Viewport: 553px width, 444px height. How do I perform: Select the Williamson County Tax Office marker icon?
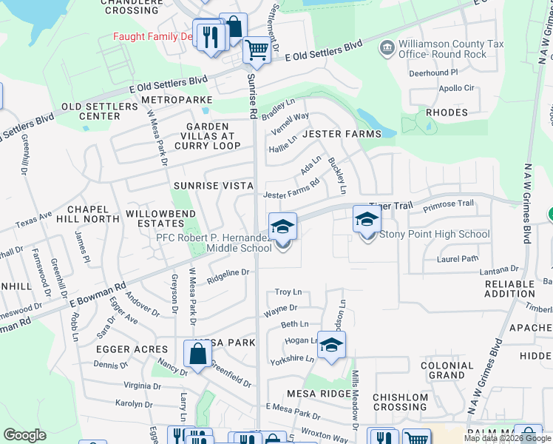[x=386, y=49]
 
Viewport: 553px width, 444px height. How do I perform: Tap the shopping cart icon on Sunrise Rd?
[x=257, y=51]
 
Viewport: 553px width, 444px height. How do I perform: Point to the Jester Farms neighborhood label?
[x=342, y=134]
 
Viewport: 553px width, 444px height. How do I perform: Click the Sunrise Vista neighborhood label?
[x=214, y=185]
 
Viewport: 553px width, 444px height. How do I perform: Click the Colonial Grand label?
[x=447, y=371]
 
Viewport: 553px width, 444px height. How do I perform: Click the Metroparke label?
[x=177, y=99]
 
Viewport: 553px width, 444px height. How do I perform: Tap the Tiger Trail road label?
[x=388, y=206]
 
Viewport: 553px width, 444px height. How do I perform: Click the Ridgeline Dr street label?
[x=230, y=273]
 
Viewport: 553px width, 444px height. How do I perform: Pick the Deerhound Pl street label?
[x=434, y=73]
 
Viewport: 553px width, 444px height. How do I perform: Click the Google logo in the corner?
[x=24, y=435]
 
